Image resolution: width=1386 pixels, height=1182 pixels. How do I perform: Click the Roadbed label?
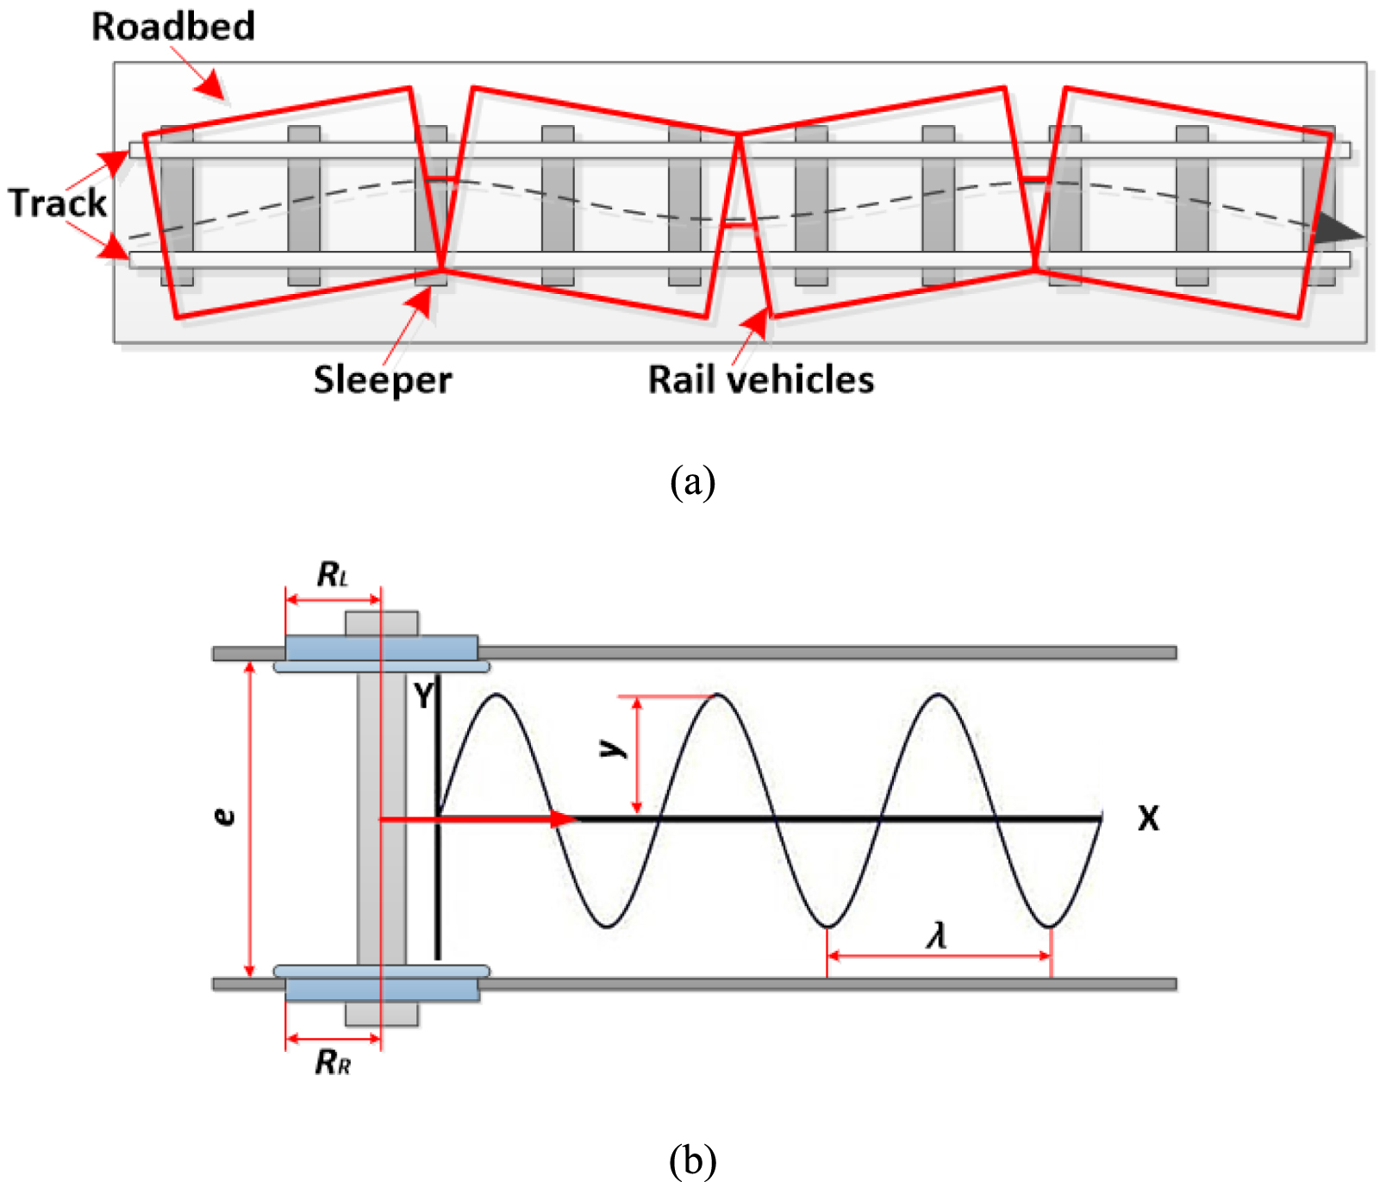tap(173, 26)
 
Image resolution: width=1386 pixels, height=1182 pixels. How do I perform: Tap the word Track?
tap(57, 203)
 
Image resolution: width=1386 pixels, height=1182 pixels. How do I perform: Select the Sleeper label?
tap(382, 380)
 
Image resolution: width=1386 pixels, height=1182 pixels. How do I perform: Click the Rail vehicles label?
tap(760, 380)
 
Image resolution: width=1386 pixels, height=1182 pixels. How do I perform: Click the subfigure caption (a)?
tap(692, 482)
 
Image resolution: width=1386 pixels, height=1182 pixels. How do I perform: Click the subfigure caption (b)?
tap(692, 1160)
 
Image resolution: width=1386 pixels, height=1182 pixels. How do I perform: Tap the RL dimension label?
tap(333, 575)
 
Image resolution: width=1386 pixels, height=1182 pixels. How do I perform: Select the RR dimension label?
tap(333, 1062)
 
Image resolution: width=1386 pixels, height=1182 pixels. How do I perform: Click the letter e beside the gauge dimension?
tap(224, 816)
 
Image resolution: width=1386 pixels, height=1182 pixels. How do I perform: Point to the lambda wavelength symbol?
tap(938, 935)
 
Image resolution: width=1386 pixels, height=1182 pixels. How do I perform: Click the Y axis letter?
tap(422, 695)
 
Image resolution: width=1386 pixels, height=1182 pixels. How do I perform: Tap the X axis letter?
tap(1148, 818)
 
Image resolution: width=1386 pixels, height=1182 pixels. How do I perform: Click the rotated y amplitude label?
tap(613, 748)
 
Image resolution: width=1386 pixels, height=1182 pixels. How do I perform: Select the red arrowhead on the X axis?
tap(564, 818)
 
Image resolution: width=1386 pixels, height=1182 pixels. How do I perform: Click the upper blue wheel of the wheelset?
tap(381, 648)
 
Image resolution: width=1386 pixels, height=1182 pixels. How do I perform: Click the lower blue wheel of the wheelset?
tap(381, 988)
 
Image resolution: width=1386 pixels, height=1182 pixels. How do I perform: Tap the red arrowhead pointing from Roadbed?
tap(210, 85)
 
